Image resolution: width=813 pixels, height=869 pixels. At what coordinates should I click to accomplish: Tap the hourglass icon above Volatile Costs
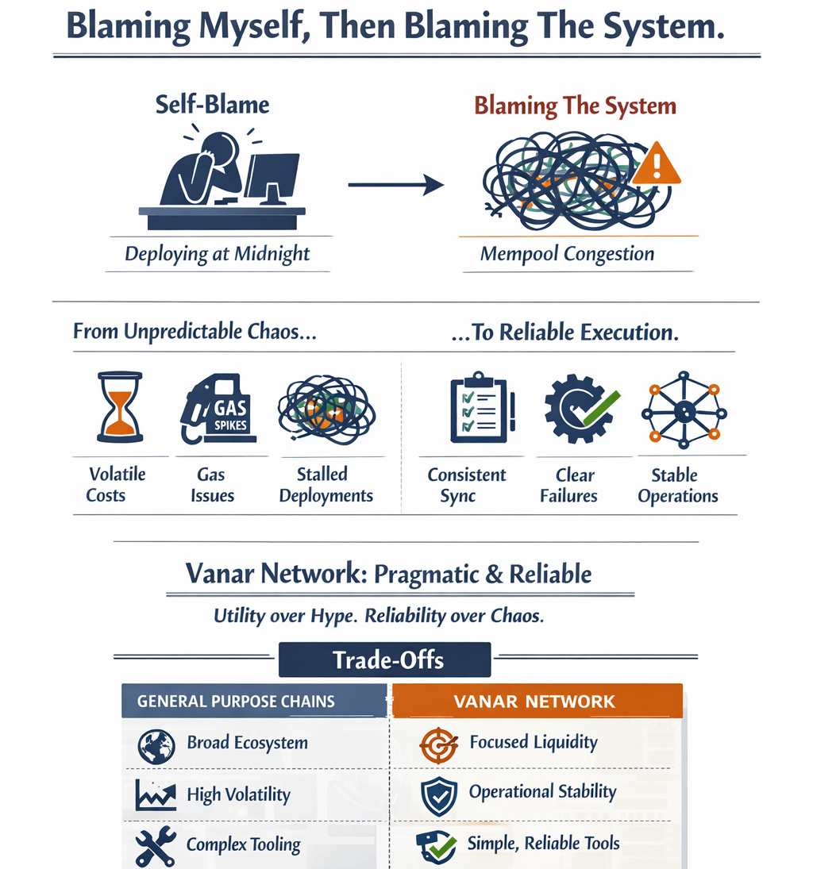(x=119, y=407)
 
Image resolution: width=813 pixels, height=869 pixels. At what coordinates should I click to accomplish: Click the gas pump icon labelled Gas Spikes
(x=216, y=410)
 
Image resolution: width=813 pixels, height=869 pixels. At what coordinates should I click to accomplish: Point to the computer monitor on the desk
(x=272, y=175)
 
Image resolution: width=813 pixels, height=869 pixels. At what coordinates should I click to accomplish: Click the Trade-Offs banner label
(x=388, y=659)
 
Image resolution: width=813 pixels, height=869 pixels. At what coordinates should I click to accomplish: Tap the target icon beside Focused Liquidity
(x=438, y=746)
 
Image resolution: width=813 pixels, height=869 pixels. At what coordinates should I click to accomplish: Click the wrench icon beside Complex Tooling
(x=155, y=847)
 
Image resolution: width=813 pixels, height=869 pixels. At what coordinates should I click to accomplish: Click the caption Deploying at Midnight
(x=218, y=255)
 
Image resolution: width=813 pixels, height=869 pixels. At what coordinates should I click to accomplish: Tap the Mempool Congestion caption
(x=567, y=255)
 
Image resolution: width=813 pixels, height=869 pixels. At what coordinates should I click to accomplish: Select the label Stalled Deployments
(x=326, y=485)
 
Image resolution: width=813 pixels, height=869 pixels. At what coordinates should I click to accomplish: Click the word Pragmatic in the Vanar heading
(x=426, y=574)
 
